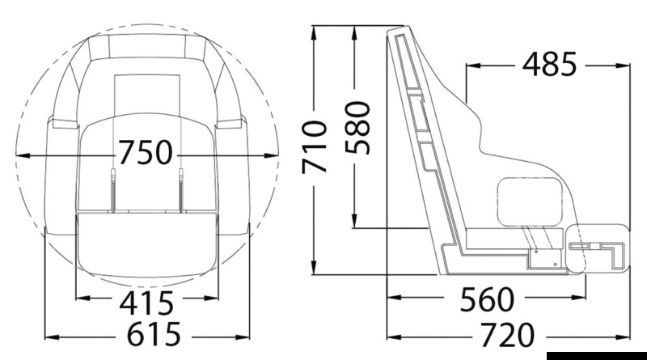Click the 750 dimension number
pos(146,152)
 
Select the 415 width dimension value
pos(146,303)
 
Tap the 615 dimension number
pos(154,334)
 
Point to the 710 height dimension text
pos(315,147)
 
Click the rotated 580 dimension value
pos(357,128)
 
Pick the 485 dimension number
pos(549,64)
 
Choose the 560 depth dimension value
pos(488,299)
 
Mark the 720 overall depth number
pos(508,335)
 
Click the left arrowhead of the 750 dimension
pos(23,155)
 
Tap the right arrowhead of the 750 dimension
pos(271,155)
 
